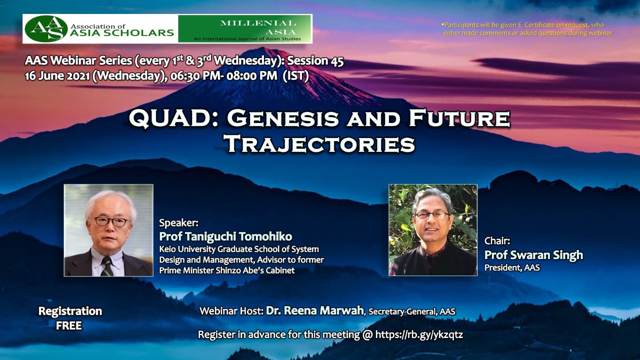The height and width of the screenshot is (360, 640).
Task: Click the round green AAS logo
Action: pos(46,29)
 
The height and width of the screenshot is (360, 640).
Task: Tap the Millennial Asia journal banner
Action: pos(245,29)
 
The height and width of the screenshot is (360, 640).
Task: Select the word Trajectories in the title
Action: pos(319,144)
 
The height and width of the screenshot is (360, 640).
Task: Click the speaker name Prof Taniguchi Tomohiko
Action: pos(225,236)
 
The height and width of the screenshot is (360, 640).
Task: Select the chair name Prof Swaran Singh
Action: pos(533,255)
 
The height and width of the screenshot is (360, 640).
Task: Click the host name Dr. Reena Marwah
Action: pos(314,310)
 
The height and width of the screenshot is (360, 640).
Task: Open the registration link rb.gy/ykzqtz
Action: pos(419,334)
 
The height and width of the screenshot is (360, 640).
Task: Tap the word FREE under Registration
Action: pos(69,325)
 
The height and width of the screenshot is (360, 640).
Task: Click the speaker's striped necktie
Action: pos(107,266)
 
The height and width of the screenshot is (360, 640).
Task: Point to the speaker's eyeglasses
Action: pos(111,221)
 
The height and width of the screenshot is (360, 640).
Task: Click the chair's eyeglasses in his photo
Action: pos(432,215)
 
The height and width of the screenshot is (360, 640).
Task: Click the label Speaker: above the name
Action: pos(178,222)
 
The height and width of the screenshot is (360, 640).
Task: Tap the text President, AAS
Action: pos(512,267)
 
